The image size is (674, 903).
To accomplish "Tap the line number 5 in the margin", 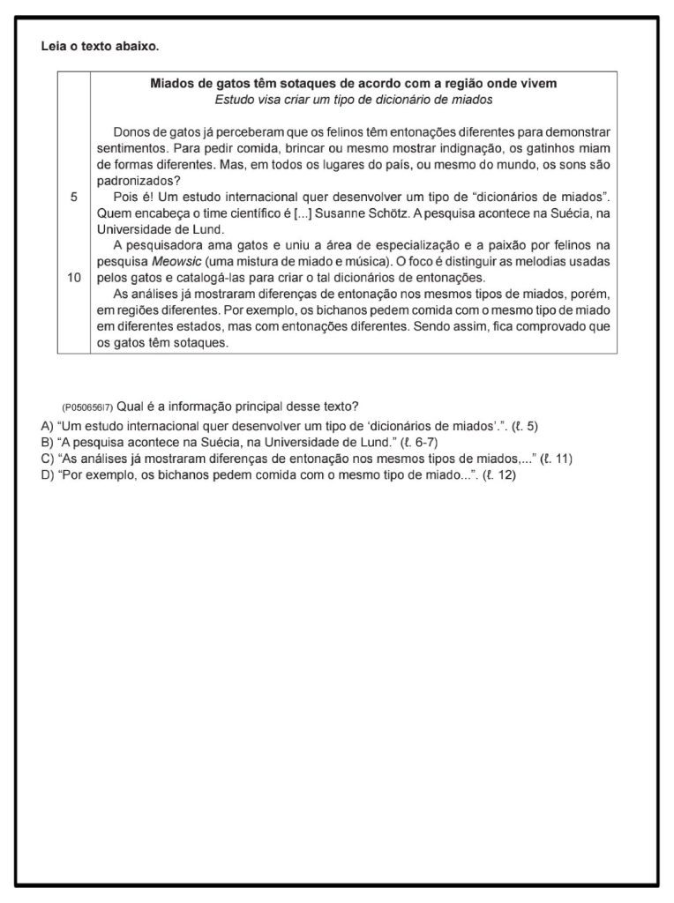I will pyautogui.click(x=73, y=198).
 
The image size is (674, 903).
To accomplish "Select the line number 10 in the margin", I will pyautogui.click(x=73, y=278).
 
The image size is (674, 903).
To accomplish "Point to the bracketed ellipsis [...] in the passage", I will pyautogui.click(x=300, y=213).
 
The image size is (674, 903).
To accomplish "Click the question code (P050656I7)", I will pyautogui.click(x=87, y=407).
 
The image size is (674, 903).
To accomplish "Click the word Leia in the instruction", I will pyautogui.click(x=55, y=45).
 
